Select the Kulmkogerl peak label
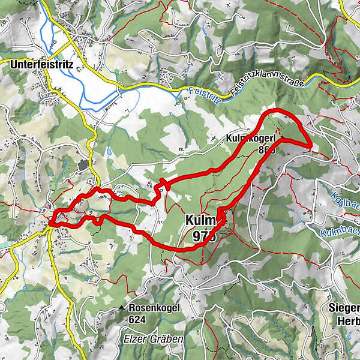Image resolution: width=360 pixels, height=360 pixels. tap(250, 139)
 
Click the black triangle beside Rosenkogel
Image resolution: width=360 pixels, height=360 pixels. tap(121, 308)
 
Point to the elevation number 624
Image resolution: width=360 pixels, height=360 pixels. tap(137, 319)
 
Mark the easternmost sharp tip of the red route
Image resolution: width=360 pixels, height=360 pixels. tap(310, 145)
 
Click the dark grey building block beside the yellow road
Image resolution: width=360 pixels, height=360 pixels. tap(83, 164)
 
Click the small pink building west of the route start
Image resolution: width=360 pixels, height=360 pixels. tap(46, 209)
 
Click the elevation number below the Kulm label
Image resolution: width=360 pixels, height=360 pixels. tap(204, 236)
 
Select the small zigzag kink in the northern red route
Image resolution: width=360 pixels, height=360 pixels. tap(161, 187)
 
